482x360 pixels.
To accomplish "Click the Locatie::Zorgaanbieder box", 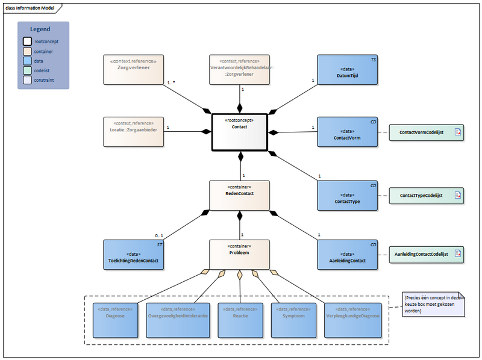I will [x=134, y=132].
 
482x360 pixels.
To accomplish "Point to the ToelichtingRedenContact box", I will [x=134, y=255].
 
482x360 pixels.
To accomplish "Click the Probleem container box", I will [x=239, y=255].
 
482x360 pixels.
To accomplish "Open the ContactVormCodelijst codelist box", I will [x=424, y=132].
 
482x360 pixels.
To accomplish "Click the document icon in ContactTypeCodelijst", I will [x=457, y=196].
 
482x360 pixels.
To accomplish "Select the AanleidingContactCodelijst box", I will [x=424, y=255].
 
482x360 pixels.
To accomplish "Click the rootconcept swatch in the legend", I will [x=28, y=42].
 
